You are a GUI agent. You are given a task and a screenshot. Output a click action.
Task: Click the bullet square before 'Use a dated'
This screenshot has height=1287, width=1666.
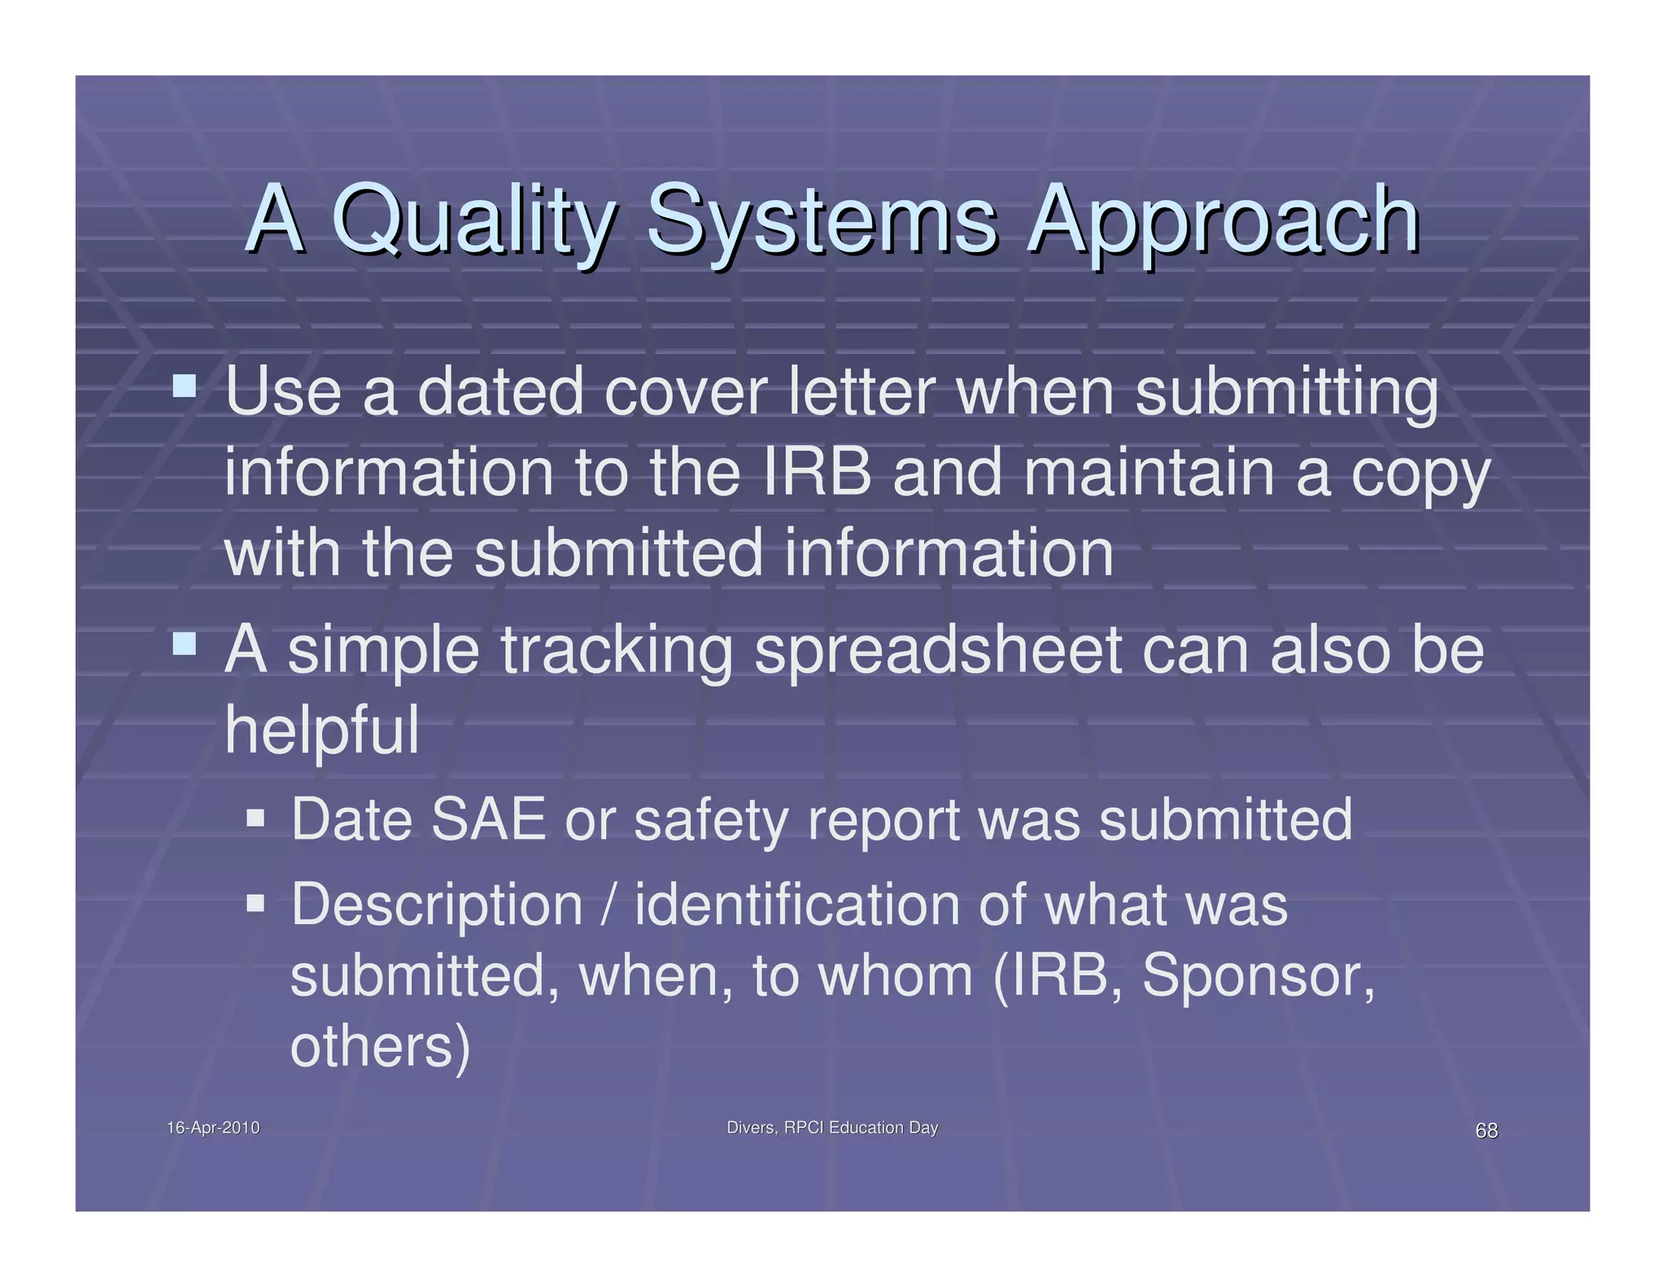point(185,385)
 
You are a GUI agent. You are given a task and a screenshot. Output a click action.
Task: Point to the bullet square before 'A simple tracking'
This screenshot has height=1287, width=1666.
point(185,644)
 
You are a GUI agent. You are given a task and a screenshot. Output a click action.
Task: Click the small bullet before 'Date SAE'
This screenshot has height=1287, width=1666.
point(255,817)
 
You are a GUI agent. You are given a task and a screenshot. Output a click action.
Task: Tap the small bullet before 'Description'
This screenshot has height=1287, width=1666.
point(255,902)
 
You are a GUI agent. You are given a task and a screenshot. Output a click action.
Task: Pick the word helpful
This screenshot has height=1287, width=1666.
point(322,730)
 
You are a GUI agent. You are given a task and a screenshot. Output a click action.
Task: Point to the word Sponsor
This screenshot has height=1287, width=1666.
point(1257,975)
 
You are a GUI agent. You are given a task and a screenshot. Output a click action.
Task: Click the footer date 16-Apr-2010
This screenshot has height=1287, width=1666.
point(213,1128)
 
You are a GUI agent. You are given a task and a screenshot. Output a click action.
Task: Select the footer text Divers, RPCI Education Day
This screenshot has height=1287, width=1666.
point(832,1128)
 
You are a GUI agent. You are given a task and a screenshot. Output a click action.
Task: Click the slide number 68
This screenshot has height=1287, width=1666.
point(1486,1130)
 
